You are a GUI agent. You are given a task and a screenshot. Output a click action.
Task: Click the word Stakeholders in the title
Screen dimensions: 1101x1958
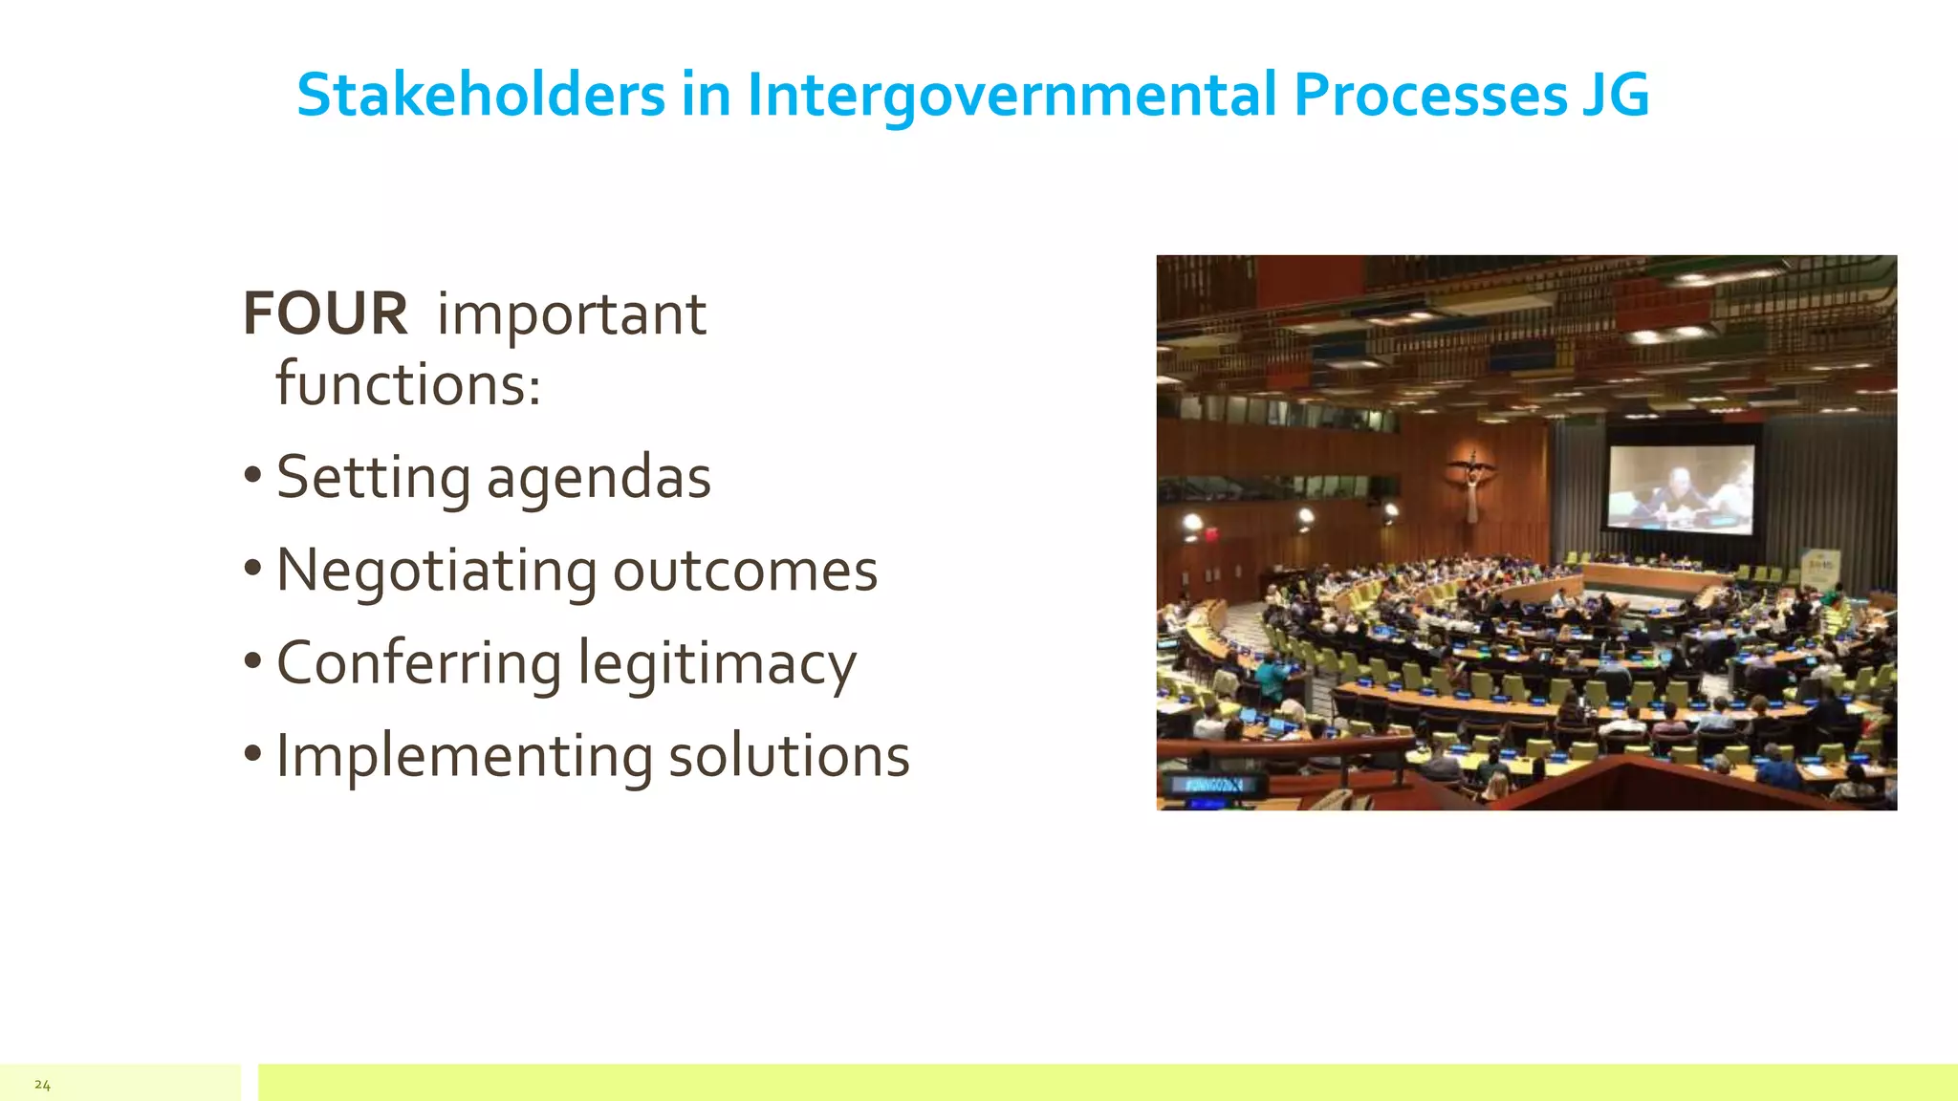click(480, 96)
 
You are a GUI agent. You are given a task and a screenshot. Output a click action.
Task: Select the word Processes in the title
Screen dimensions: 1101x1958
click(1430, 96)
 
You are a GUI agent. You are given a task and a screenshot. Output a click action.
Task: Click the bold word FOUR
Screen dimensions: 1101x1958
click(325, 313)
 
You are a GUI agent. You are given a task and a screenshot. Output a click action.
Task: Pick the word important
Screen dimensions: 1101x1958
click(572, 313)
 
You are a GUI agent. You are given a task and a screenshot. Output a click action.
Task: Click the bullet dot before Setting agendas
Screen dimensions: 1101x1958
click(252, 475)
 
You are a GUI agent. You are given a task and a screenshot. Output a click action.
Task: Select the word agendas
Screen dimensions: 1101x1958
click(598, 478)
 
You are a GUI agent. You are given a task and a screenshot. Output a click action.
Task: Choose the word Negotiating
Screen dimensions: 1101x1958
click(436, 571)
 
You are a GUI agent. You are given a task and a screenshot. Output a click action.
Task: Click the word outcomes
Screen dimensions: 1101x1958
click(745, 571)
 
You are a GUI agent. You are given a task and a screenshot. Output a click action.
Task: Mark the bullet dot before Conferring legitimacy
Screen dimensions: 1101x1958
click(252, 660)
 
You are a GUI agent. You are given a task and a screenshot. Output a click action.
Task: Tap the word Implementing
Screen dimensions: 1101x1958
click(464, 756)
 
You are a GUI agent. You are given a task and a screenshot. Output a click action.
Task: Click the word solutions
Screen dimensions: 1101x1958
click(789, 756)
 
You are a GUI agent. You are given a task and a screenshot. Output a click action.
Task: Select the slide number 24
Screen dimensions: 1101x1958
click(42, 1085)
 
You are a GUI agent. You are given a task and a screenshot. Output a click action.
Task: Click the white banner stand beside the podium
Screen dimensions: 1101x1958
click(1819, 574)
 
